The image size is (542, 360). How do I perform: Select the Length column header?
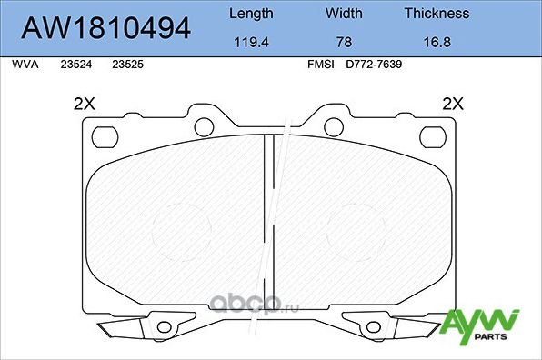249,14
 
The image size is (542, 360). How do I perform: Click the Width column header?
343,14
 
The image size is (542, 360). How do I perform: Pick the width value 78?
343,41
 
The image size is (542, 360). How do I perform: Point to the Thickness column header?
437,14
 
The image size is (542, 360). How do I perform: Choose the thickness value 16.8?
437,41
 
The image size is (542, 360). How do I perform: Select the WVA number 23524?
75,65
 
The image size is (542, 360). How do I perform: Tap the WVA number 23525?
125,65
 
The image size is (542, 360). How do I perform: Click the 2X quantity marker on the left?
84,104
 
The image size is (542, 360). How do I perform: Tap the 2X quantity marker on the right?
452,104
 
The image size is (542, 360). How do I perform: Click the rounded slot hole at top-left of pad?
106,136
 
